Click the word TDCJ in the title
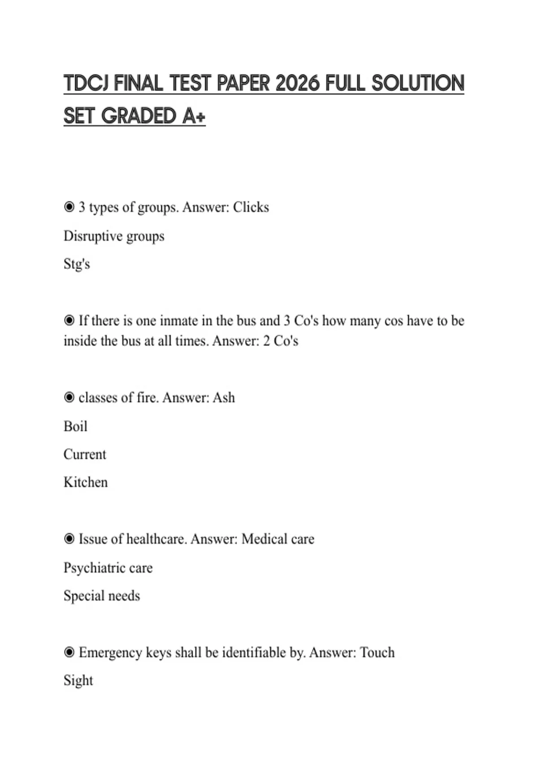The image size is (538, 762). tap(86, 84)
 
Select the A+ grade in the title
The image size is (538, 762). tap(194, 116)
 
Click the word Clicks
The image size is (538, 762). tap(251, 207)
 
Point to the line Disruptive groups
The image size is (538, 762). tap(114, 236)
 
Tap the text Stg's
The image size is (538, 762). tap(77, 264)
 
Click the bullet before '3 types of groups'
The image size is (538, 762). tap(69, 207)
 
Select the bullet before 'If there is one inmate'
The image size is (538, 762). tap(69, 320)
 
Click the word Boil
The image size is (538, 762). tap(75, 426)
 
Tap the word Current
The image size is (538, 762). tap(85, 455)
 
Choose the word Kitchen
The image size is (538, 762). tap(86, 482)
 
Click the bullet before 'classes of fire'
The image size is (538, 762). tap(69, 398)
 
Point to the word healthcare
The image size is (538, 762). tap(156, 539)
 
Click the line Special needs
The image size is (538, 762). tap(102, 596)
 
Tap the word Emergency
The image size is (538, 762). tap(110, 653)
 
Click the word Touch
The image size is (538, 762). tap(377, 653)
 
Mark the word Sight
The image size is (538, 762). tap(78, 680)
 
